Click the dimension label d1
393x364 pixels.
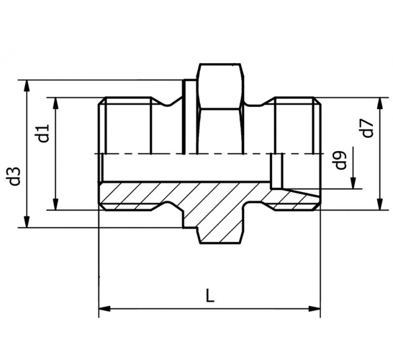pos(43,133)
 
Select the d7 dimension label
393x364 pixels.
pos(367,129)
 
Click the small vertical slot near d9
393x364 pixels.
pos(277,171)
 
